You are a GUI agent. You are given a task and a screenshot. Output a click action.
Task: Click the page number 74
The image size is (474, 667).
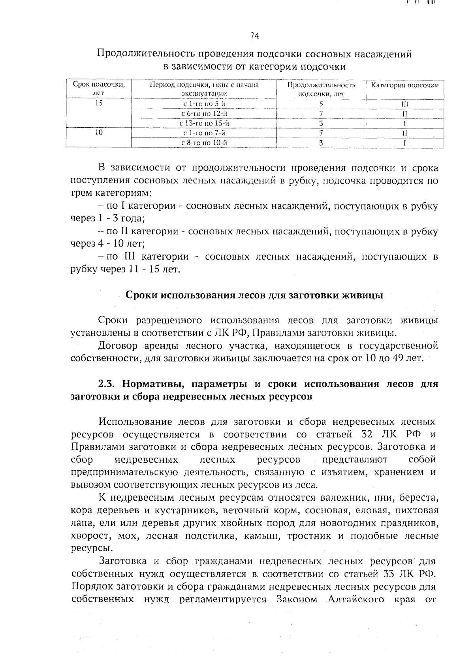click(254, 36)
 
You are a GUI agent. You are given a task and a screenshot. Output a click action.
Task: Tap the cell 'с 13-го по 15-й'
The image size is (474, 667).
click(204, 123)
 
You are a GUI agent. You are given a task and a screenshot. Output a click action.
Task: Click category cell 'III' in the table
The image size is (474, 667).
click(405, 104)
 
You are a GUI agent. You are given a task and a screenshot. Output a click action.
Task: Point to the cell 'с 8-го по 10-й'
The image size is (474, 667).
click(204, 143)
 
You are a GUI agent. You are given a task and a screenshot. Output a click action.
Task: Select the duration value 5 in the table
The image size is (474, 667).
click(322, 104)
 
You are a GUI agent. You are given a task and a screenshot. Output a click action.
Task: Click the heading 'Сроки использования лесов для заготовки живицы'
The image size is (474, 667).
click(254, 296)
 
